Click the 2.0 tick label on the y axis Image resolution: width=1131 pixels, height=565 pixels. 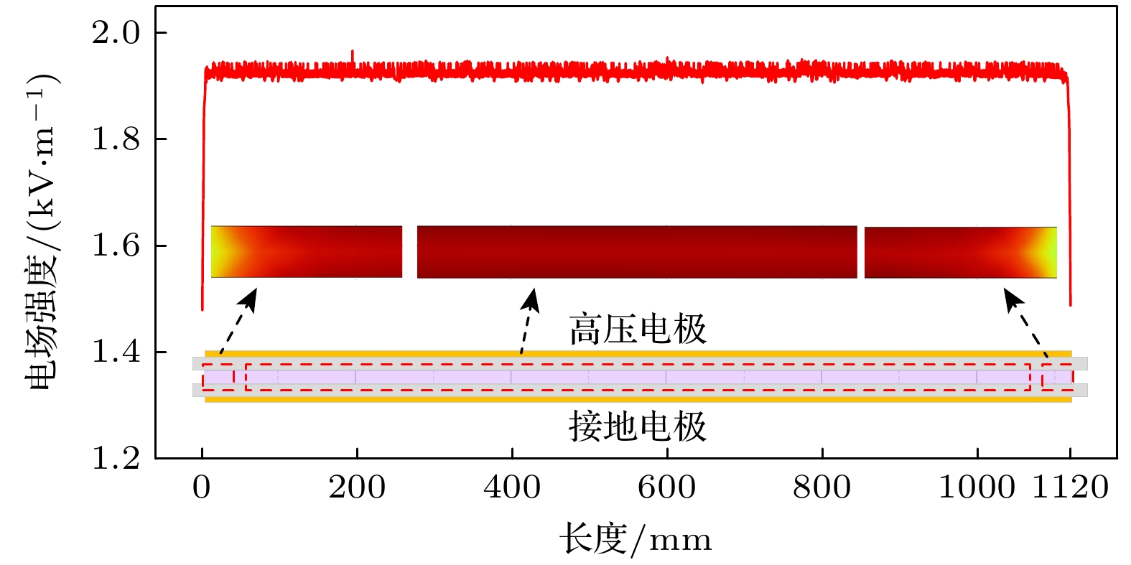pyautogui.click(x=116, y=33)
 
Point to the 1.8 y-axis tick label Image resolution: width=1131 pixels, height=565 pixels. pyautogui.click(x=116, y=139)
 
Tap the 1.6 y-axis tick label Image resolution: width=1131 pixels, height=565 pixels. pyautogui.click(x=116, y=246)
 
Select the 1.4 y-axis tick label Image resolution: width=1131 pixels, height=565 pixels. pyautogui.click(x=116, y=352)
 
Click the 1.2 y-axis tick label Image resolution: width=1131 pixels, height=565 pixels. pyautogui.click(x=116, y=459)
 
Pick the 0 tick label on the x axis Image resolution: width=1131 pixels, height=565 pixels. pyautogui.click(x=202, y=488)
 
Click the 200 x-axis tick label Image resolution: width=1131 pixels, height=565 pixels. pyautogui.click(x=357, y=488)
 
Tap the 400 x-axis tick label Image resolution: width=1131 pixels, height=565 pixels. pyautogui.click(x=512, y=488)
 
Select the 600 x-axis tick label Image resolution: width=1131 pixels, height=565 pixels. pyautogui.click(x=667, y=488)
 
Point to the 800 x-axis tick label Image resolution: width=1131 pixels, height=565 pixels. pyautogui.click(x=822, y=488)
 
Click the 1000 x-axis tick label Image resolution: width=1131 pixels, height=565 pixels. pyautogui.click(x=977, y=488)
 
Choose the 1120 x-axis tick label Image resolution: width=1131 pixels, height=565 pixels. pyautogui.click(x=1070, y=488)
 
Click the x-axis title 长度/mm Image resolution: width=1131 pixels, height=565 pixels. pyautogui.click(x=636, y=539)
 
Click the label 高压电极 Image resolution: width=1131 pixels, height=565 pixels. pyautogui.click(x=638, y=330)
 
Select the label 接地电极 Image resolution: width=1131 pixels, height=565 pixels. pyautogui.click(x=638, y=426)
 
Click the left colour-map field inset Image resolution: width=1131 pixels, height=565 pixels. pyautogui.click(x=307, y=252)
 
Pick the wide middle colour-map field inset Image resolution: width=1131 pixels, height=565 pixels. pyautogui.click(x=637, y=252)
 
